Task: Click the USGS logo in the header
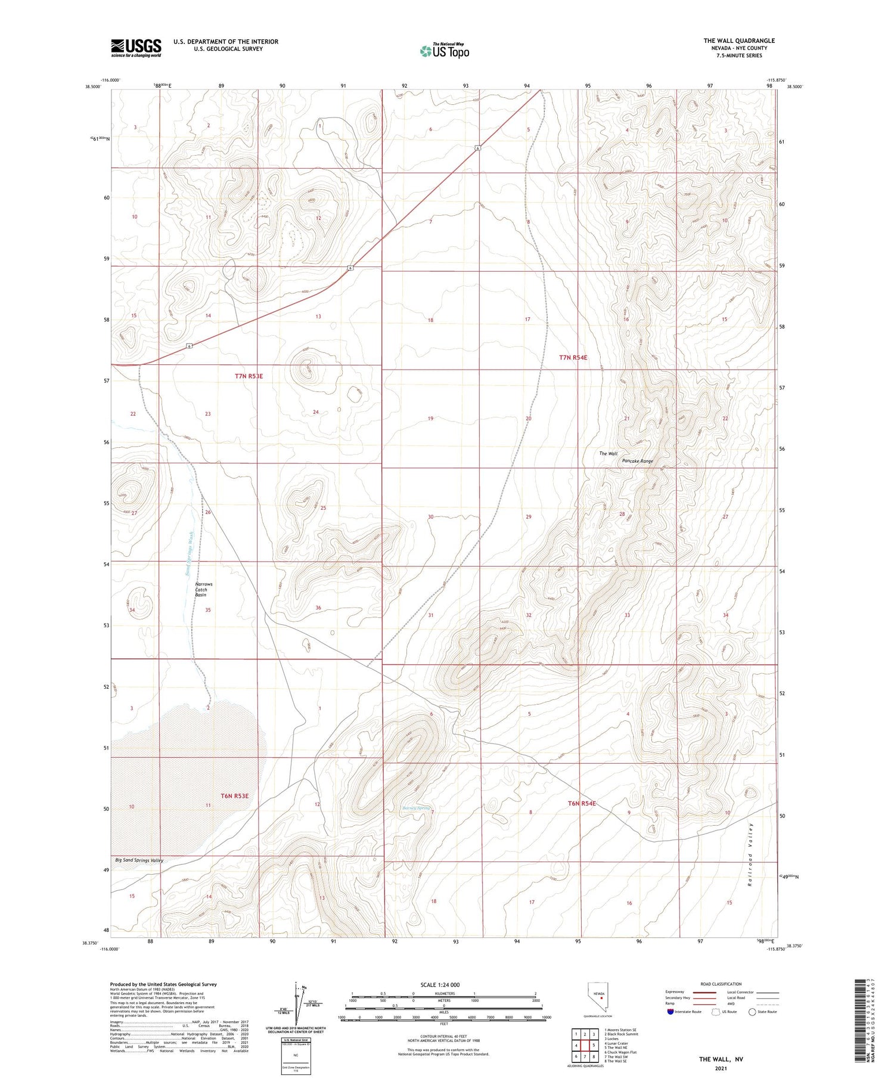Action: (x=136, y=48)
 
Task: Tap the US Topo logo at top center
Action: (x=445, y=51)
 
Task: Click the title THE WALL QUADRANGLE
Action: (x=739, y=41)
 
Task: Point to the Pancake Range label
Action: (x=637, y=461)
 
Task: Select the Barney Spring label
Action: (x=415, y=808)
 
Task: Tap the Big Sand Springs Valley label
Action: (x=139, y=860)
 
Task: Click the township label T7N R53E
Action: (x=249, y=376)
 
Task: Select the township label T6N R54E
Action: (x=582, y=803)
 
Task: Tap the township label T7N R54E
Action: (x=573, y=357)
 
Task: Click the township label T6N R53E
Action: (x=234, y=795)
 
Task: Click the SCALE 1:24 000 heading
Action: (x=440, y=984)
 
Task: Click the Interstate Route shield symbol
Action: (x=670, y=1012)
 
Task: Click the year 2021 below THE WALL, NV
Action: (x=721, y=1068)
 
